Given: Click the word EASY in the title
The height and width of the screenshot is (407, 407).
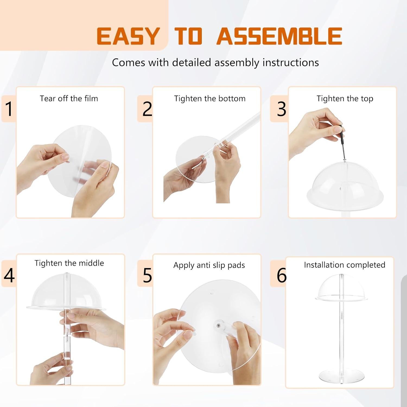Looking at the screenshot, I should pyautogui.click(x=128, y=36).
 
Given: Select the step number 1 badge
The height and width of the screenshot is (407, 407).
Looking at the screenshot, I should pyautogui.click(x=9, y=109).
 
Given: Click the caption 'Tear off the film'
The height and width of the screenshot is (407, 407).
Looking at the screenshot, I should pyautogui.click(x=69, y=98).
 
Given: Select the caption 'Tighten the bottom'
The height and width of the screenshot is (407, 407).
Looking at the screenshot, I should pyautogui.click(x=210, y=98).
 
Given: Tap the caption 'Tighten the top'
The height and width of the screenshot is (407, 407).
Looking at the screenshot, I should pyautogui.click(x=345, y=98).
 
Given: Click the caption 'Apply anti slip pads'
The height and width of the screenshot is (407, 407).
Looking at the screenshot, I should pyautogui.click(x=209, y=265).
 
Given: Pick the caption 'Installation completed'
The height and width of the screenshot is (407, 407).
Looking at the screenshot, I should pyautogui.click(x=344, y=265).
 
